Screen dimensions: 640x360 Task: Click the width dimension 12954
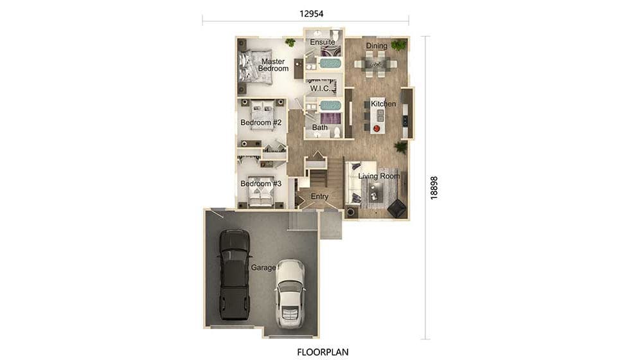312,14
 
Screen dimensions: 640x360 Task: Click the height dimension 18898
434,188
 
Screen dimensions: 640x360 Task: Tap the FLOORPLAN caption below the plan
323,352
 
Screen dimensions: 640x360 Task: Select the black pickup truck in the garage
234,274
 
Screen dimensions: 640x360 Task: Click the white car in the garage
289,294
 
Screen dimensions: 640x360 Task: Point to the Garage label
263,267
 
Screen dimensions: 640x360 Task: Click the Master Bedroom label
273,65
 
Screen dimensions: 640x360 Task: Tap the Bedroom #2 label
261,122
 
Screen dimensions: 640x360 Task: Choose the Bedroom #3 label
261,184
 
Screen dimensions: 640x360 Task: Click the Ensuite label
323,42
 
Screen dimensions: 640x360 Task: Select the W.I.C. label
321,88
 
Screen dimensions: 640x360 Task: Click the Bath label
319,127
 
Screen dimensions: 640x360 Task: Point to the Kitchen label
383,104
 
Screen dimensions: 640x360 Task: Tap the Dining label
377,46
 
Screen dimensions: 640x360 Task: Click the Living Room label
378,176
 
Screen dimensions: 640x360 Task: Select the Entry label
319,196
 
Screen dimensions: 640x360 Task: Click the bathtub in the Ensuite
330,63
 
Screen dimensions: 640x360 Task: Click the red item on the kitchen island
377,129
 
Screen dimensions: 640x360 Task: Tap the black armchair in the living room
396,208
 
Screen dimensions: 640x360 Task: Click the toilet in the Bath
337,132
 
